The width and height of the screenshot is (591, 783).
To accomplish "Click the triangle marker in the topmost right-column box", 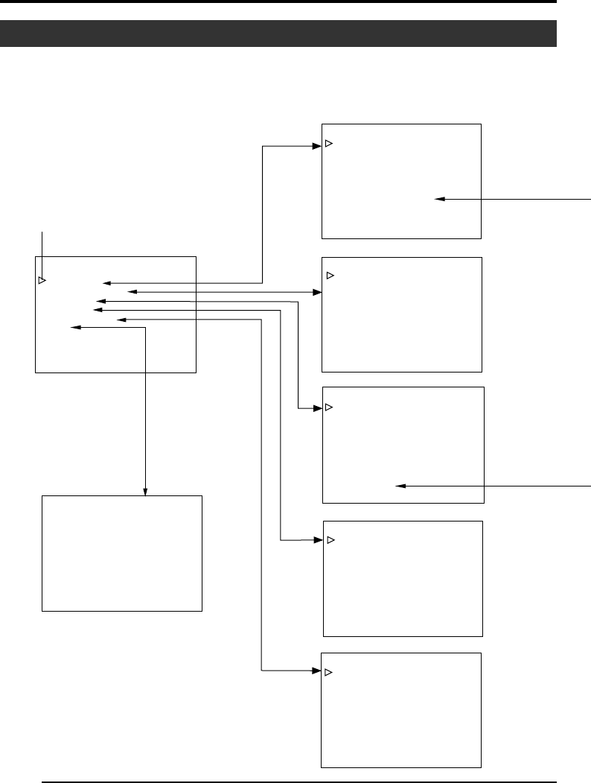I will click(328, 143).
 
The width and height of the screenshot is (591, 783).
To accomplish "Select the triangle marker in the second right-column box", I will click(331, 276).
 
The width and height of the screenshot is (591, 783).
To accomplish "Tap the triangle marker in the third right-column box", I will click(329, 408).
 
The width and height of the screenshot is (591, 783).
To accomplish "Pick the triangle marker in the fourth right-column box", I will click(331, 539).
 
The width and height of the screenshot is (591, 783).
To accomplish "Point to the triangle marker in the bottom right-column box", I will click(328, 673).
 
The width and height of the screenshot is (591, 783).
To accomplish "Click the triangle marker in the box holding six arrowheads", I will click(42, 280).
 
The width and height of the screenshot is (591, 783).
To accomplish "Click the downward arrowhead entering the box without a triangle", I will click(145, 491).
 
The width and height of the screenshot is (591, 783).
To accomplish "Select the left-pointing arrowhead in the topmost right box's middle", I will click(439, 199).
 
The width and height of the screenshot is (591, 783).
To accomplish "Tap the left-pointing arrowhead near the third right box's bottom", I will click(398, 486).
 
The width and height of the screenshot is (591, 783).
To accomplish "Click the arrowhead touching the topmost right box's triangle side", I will click(316, 147).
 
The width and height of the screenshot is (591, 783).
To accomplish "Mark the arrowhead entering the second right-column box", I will click(316, 291).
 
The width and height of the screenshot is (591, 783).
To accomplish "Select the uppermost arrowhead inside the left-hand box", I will click(106, 283).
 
